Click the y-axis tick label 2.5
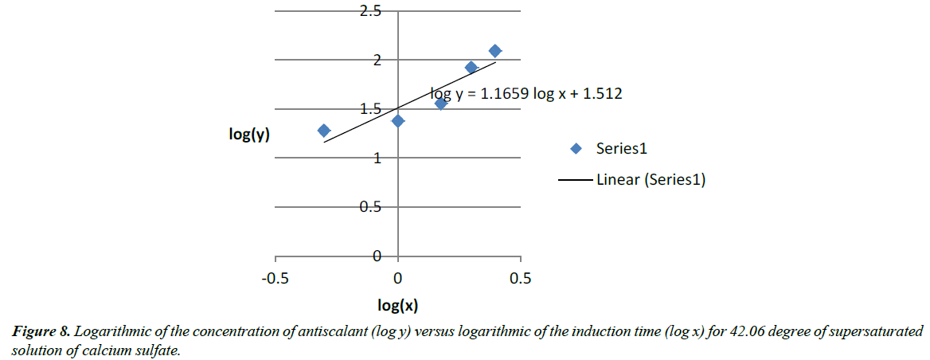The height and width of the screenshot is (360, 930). click(371, 11)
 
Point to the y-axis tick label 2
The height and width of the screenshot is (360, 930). click(378, 61)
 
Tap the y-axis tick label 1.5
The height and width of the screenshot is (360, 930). click(371, 109)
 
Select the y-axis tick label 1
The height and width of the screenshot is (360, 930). click(378, 158)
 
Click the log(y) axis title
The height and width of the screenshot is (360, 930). click(249, 134)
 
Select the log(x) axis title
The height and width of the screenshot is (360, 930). click(398, 305)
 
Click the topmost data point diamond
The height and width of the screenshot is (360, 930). click(494, 51)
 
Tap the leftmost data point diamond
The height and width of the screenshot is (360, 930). click(323, 131)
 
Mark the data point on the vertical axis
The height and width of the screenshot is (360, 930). click(398, 120)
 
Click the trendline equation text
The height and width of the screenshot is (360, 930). click(526, 93)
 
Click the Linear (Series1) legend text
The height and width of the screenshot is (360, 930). click(651, 180)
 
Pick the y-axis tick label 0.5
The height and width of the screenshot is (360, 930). click(371, 207)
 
